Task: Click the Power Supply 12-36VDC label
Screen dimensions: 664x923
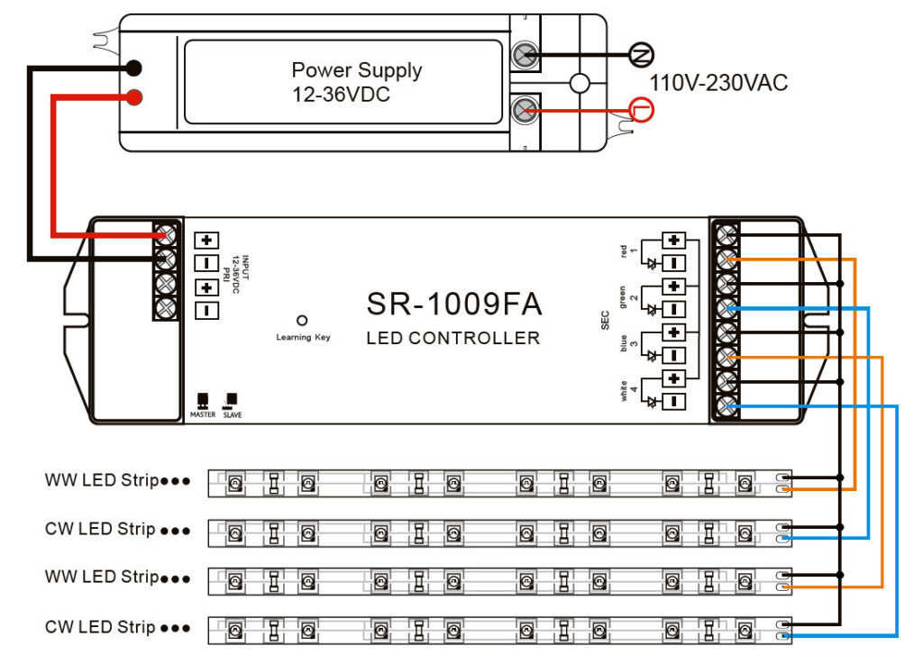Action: pos(356,81)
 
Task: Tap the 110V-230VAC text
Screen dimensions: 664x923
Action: pos(719,84)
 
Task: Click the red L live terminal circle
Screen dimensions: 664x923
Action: pos(641,111)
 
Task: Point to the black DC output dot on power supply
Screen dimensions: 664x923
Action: pos(133,68)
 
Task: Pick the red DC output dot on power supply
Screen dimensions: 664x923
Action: pos(133,96)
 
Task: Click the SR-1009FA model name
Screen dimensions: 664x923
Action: pos(453,305)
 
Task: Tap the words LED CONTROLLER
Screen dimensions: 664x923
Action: pos(453,339)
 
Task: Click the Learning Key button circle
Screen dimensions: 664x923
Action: pos(302,320)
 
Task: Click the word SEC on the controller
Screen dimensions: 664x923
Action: pos(606,320)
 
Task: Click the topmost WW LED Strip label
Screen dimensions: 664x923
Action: pos(101,480)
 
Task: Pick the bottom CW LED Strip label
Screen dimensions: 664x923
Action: pos(101,627)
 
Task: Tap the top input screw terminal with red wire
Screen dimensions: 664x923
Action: pos(165,235)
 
